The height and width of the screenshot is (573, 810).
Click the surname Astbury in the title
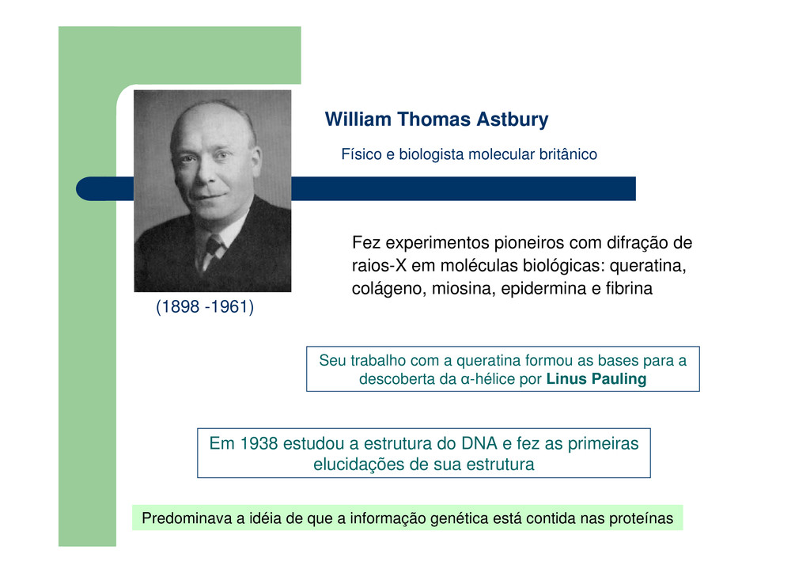512,120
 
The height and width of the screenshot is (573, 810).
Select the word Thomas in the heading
434,120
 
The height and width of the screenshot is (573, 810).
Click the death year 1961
230,306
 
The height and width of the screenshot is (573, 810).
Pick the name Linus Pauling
596,379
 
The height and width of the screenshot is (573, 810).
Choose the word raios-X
379,266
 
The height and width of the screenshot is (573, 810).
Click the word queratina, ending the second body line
648,266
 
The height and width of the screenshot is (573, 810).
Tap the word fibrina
629,288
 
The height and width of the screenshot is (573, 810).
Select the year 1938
259,443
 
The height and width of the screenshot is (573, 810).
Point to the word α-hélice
487,379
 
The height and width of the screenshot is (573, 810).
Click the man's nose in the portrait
208,175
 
